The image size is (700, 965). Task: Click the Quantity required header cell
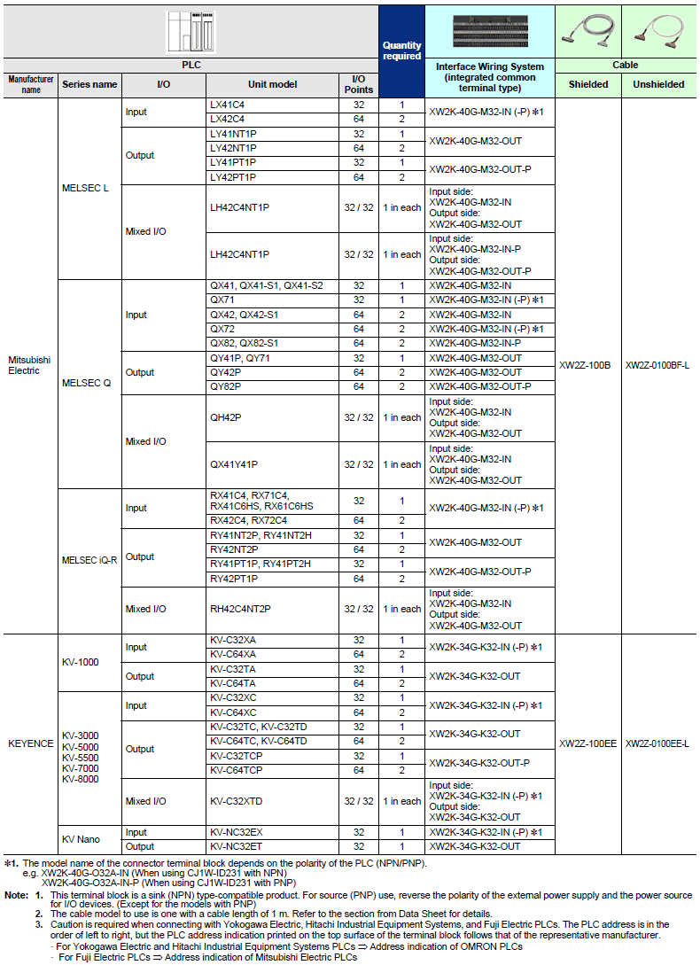[401, 51]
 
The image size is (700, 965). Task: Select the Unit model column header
[272, 85]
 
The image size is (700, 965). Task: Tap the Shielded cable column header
[588, 85]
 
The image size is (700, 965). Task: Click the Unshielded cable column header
[658, 85]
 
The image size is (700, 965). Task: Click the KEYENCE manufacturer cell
[31, 743]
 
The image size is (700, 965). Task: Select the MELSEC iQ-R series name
[89, 560]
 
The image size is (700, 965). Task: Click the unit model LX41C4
[227, 105]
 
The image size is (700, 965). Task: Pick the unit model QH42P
[226, 417]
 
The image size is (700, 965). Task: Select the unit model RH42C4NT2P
[240, 609]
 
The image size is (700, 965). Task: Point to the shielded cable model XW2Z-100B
[585, 365]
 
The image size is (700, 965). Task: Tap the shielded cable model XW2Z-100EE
[588, 743]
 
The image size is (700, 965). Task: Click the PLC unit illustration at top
[191, 32]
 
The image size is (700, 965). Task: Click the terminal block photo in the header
[490, 32]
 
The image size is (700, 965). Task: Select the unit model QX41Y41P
[234, 464]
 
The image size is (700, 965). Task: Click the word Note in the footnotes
[15, 896]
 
